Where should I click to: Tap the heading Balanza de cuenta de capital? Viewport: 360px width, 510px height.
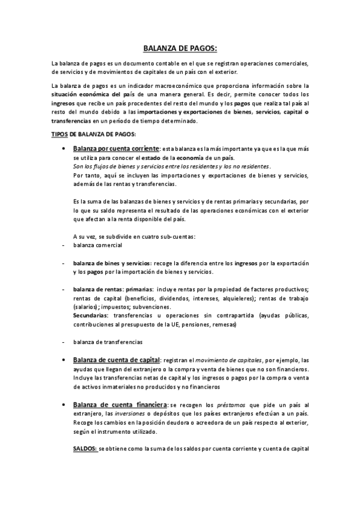click(x=116, y=360)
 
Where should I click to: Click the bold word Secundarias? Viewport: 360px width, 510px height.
click(x=91, y=315)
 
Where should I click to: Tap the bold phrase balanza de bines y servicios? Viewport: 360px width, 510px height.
click(x=112, y=263)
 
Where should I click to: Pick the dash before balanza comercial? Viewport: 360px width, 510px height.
click(x=55, y=246)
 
